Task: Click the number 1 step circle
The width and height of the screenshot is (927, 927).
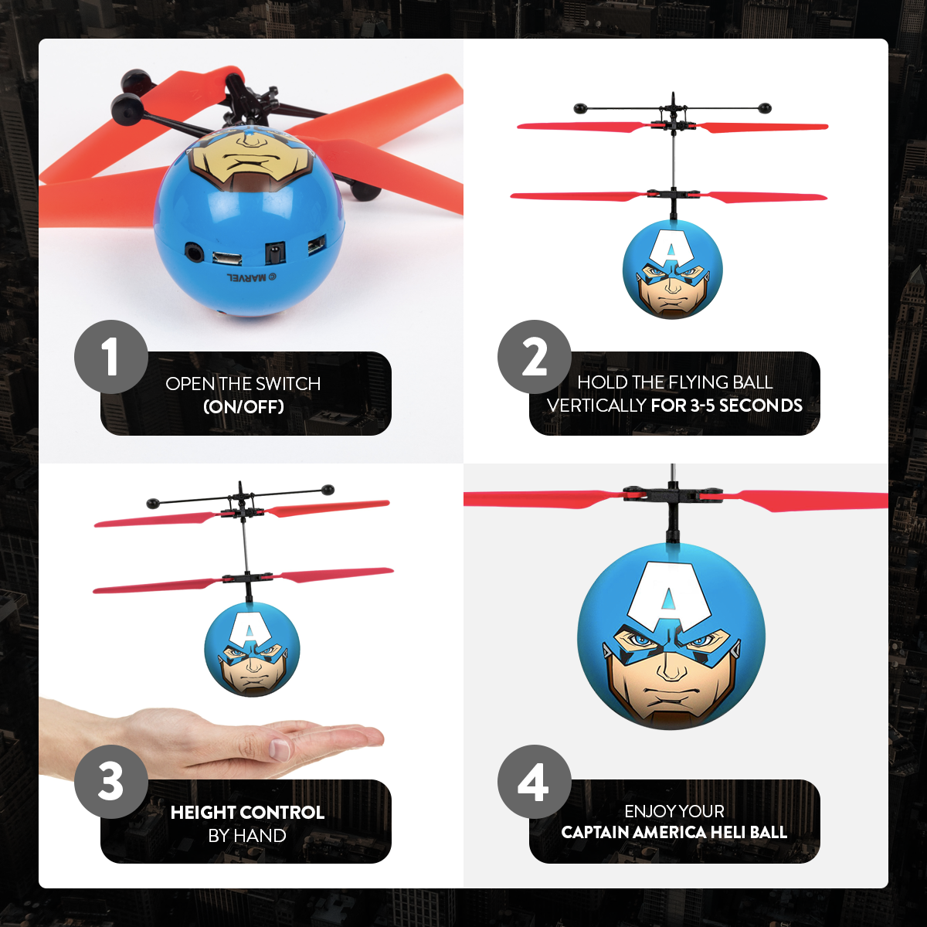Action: (111, 357)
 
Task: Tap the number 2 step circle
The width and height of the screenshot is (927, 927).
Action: (535, 357)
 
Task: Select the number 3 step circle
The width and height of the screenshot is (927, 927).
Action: (111, 782)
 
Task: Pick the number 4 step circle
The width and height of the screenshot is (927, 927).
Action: (535, 782)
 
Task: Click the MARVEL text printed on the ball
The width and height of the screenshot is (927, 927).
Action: (246, 277)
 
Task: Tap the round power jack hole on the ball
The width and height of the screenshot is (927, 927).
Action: (193, 252)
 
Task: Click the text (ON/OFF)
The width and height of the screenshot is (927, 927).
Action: (243, 406)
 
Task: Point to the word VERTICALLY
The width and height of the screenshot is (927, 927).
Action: (596, 406)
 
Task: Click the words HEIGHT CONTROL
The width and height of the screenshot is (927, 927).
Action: (247, 813)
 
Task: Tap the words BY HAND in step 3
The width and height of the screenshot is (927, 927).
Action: (247, 836)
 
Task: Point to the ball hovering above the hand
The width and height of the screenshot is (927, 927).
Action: (251, 650)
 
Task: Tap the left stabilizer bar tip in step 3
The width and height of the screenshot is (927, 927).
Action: (152, 504)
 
